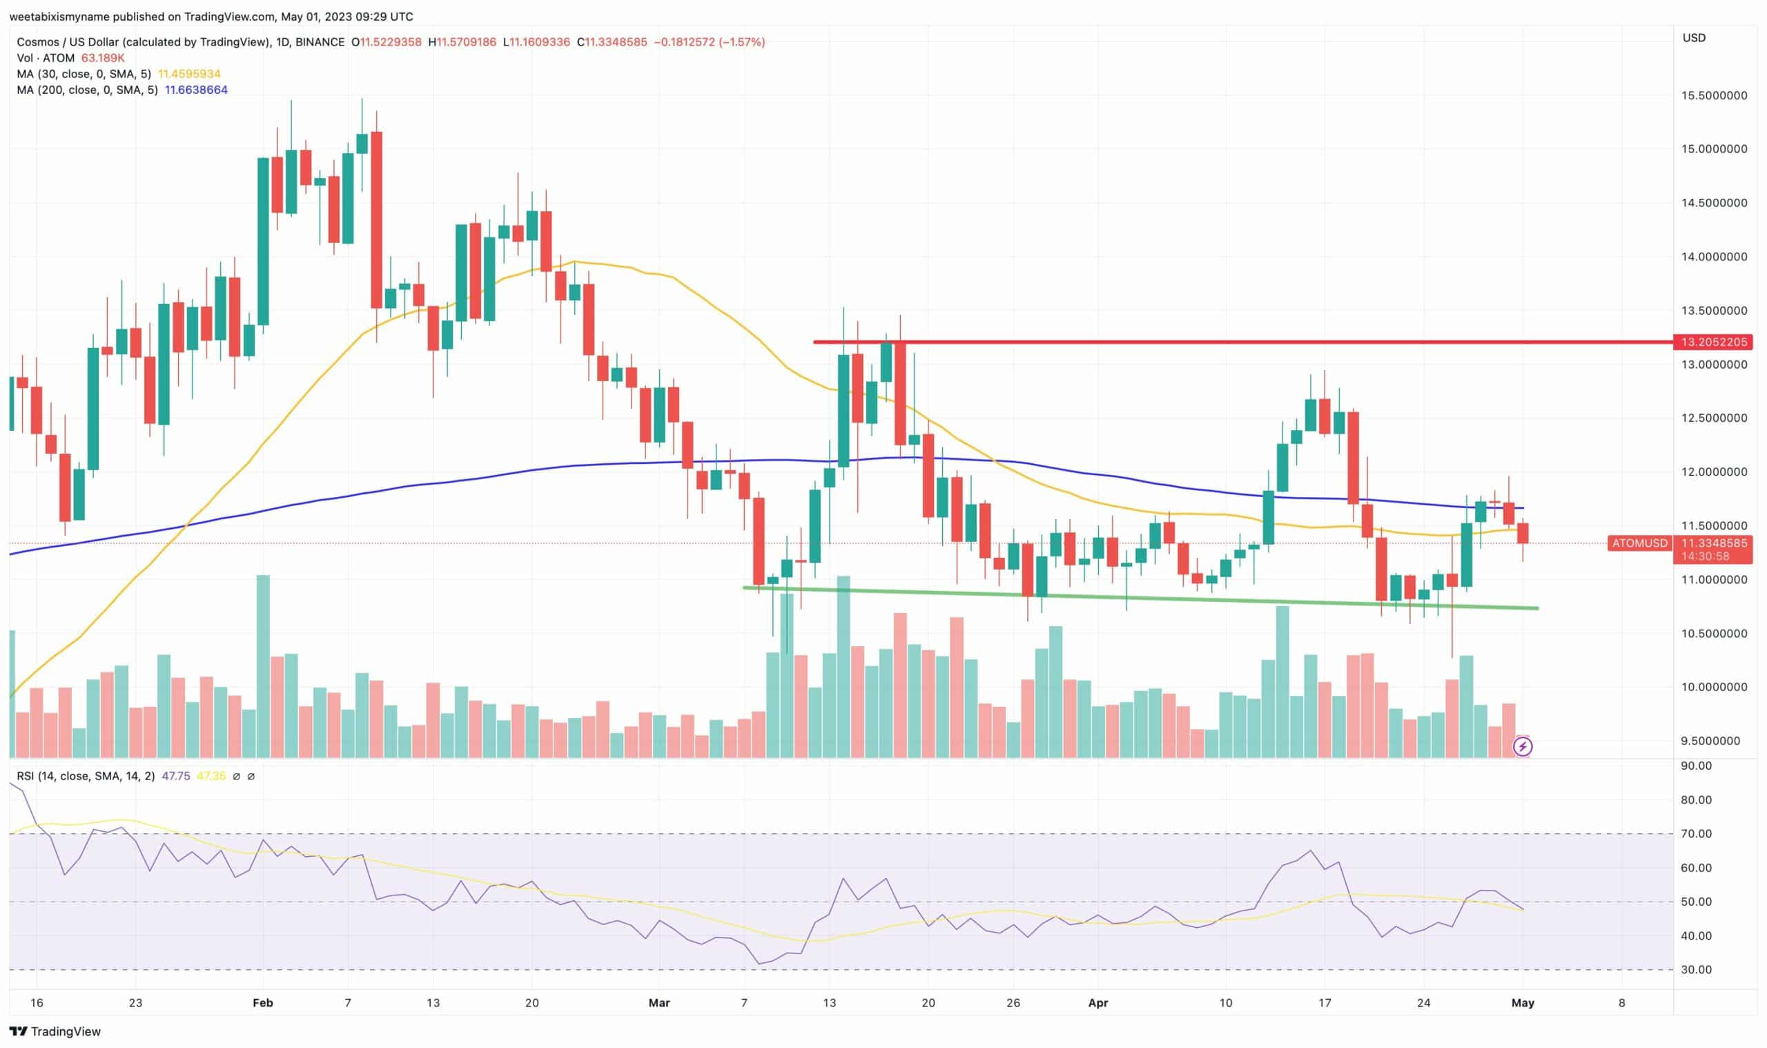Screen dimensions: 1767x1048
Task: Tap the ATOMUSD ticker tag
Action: (x=1640, y=543)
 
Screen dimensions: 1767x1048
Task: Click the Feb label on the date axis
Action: (x=262, y=1002)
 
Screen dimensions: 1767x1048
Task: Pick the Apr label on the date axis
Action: (x=1097, y=1002)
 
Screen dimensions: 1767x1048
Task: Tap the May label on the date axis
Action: (x=1523, y=1002)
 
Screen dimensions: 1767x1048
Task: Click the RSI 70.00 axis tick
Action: (x=1696, y=833)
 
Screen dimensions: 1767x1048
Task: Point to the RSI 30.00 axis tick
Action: (x=1696, y=969)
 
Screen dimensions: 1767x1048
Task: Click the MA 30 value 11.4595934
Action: (x=189, y=73)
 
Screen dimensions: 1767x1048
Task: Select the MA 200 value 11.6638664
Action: (x=196, y=90)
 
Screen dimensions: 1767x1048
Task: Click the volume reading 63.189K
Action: (x=103, y=58)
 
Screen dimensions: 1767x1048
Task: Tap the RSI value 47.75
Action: (x=176, y=776)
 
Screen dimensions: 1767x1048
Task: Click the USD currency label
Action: (x=1694, y=38)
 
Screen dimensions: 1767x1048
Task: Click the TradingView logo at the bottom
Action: (x=55, y=1031)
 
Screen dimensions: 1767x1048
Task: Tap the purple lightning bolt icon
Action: (x=1523, y=746)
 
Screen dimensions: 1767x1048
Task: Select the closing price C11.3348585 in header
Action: (x=612, y=41)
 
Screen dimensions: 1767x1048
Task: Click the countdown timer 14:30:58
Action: (x=1705, y=556)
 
